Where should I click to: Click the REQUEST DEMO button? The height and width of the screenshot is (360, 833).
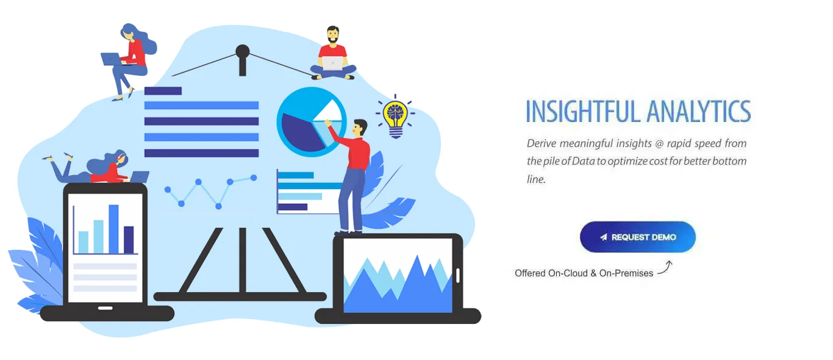point(637,237)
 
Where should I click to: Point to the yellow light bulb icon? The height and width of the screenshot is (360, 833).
point(395,115)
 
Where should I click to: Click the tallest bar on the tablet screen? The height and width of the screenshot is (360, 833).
point(113,229)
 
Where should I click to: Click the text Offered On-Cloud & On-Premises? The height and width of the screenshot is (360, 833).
point(584,273)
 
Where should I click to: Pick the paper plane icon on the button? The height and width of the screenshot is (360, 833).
point(603,237)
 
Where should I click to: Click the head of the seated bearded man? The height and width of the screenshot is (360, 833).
point(332,35)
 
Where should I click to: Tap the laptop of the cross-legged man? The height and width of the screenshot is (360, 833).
point(333,63)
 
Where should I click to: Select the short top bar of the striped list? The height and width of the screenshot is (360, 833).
point(163,91)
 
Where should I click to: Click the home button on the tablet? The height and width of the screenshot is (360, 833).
point(105,308)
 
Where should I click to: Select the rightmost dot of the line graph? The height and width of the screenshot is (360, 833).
point(254,178)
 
